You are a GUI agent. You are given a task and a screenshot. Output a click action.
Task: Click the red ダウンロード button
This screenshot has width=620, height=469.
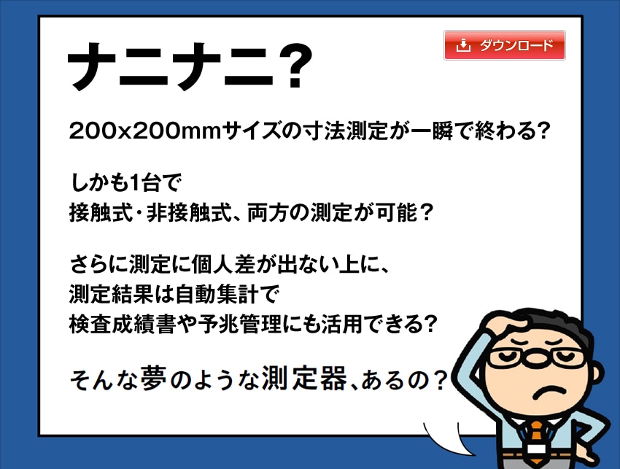click(505, 45)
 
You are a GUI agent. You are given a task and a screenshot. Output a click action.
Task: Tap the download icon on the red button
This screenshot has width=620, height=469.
click(463, 45)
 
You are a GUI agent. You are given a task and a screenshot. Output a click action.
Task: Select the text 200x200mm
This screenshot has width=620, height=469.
click(144, 131)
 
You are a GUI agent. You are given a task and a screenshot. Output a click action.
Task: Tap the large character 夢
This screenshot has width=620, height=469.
click(152, 378)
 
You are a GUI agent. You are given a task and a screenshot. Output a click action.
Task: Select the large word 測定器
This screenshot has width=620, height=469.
click(304, 378)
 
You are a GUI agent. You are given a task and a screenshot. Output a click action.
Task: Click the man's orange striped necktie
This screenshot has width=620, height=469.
click(537, 442)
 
